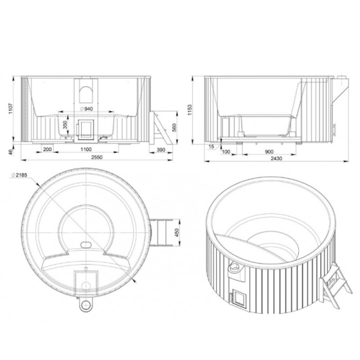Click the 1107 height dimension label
point(11,109)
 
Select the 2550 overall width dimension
point(97,157)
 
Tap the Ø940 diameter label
point(86,109)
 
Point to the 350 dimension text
point(65,125)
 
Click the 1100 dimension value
point(86,149)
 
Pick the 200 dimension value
point(47,149)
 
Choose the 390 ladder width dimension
point(161,149)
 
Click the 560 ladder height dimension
point(174,127)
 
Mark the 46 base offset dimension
point(11,152)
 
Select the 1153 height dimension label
point(190,110)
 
